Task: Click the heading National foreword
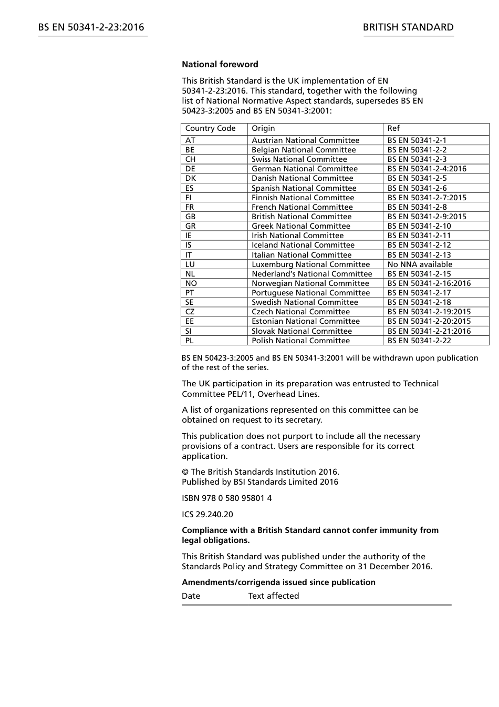[x=220, y=65]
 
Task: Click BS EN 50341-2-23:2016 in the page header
[x=91, y=27]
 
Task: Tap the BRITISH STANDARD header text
[x=408, y=27]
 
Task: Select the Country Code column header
[x=210, y=128]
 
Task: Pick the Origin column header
[x=263, y=128]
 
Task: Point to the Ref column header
[x=393, y=128]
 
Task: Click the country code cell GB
[x=190, y=217]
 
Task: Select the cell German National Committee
[x=304, y=169]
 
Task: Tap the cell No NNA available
[x=420, y=264]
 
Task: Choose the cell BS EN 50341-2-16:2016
[x=429, y=283]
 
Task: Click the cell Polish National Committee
[x=300, y=341]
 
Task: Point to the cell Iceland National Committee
[x=303, y=245]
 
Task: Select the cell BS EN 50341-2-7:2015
[x=427, y=198]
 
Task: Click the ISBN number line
[x=226, y=498]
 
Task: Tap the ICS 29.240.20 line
[x=207, y=515]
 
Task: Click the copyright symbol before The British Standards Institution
[x=185, y=472]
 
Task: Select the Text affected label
[x=273, y=596]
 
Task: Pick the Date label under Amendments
[x=191, y=596]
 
